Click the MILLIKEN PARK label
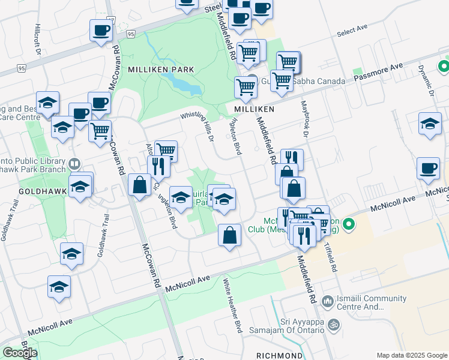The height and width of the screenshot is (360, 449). tap(160, 70)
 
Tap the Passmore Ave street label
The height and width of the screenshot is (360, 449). tap(378, 73)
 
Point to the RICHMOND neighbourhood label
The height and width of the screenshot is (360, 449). tap(279, 356)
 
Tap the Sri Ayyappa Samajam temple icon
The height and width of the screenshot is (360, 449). tap(335, 325)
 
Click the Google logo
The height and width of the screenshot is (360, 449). tap(19, 353)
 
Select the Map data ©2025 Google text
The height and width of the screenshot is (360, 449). tap(412, 355)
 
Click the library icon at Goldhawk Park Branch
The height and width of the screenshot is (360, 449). tap(75, 163)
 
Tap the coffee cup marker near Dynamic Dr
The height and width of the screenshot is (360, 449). tap(429, 169)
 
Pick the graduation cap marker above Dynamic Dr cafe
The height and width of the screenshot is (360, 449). tap(429, 125)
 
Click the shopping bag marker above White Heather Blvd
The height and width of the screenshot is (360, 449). tap(229, 235)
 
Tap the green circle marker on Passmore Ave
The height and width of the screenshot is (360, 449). tap(444, 66)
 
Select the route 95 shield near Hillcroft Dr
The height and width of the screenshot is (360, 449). tap(22, 68)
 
